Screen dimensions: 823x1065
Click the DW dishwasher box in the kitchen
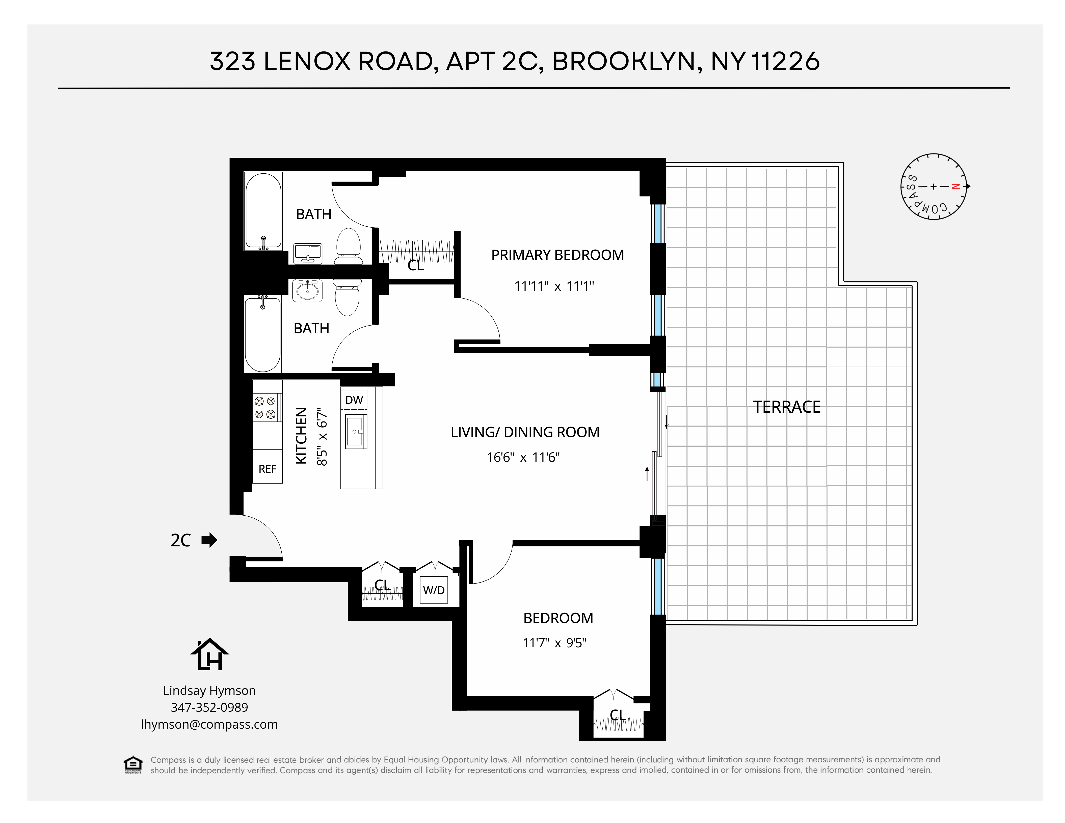(354, 400)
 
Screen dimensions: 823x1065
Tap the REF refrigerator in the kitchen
(267, 469)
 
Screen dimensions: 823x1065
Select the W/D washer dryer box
(434, 590)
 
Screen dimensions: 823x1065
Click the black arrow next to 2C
(209, 540)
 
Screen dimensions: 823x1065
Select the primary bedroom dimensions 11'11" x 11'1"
(554, 286)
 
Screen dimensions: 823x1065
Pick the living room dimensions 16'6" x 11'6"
(523, 457)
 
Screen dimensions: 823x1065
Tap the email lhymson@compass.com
(209, 725)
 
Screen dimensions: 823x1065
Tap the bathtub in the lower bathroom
(263, 334)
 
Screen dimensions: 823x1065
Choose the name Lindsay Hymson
(209, 691)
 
